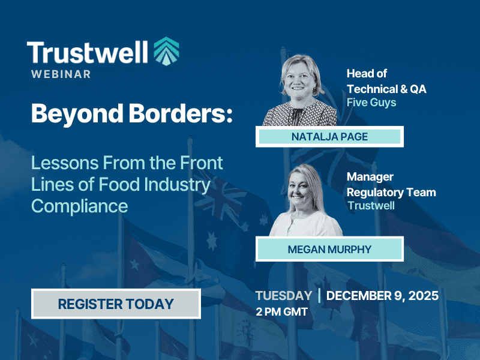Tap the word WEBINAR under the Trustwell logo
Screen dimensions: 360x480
tap(62, 74)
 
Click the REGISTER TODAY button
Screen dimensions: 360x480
tap(116, 304)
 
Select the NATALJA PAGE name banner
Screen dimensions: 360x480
tap(329, 137)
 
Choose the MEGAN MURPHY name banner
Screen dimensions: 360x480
tap(329, 248)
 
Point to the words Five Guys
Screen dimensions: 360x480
tap(371, 103)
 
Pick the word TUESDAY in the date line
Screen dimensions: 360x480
tap(283, 296)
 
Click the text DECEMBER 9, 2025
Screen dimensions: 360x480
tap(382, 296)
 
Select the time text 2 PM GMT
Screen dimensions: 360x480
tap(281, 311)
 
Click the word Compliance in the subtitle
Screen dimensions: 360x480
tap(79, 206)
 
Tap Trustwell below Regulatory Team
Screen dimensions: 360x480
tap(371, 206)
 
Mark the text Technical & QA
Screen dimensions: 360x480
tap(385, 89)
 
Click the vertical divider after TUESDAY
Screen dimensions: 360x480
tap(319, 296)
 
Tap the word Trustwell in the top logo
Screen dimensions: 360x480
tap(87, 53)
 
